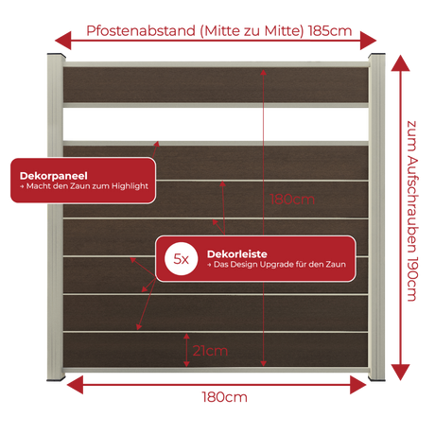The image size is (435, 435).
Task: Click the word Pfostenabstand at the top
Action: click(141, 31)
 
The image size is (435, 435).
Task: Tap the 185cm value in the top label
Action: click(330, 31)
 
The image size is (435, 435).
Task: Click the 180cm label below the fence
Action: click(224, 397)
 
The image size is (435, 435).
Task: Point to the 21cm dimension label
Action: click(210, 351)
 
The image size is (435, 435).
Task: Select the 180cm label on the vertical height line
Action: click(292, 200)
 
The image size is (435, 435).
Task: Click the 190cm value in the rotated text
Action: click(412, 280)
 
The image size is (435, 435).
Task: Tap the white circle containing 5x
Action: click(182, 259)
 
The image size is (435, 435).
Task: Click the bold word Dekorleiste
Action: click(237, 253)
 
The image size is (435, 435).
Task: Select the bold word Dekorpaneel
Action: click(54, 176)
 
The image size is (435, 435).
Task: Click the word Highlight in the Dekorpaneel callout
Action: click(130, 186)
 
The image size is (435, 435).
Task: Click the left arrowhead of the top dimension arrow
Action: click(63, 41)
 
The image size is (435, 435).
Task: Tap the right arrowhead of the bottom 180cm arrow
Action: click(358, 385)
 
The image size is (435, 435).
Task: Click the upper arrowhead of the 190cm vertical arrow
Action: click(400, 63)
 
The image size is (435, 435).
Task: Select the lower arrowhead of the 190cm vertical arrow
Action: click(400, 373)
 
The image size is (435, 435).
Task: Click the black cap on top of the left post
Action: click(57, 55)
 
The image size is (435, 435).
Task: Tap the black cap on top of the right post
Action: click(376, 55)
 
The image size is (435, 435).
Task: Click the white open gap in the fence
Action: click(216, 125)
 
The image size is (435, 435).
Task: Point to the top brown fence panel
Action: click(216, 84)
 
